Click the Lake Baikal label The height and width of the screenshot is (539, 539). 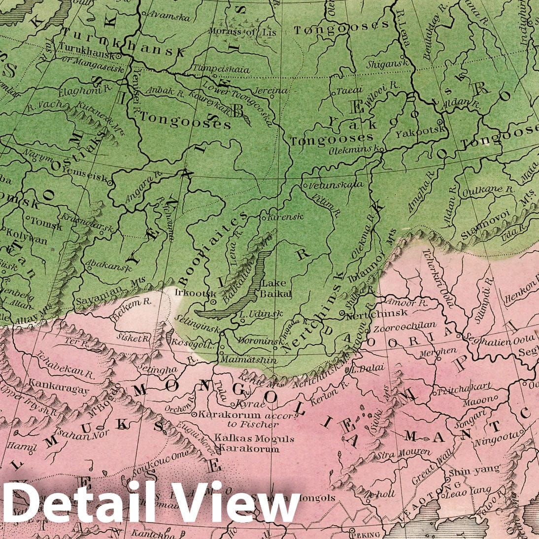pyautogui.click(x=277, y=288)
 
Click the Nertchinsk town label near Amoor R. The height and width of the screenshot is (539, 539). pyautogui.click(x=376, y=313)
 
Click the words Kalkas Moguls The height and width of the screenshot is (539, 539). pyautogui.click(x=254, y=438)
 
